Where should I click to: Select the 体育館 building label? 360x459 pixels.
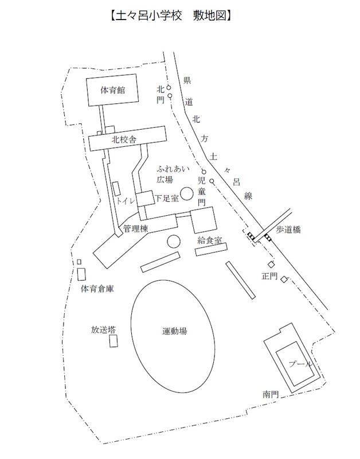tap(113, 90)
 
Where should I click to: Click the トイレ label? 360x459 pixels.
tap(125, 201)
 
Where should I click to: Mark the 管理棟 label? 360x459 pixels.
tap(135, 229)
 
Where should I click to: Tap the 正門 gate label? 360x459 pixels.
tap(269, 276)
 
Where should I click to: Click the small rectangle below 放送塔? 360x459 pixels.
tap(114, 341)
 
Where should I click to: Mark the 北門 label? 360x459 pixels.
tap(161, 95)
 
